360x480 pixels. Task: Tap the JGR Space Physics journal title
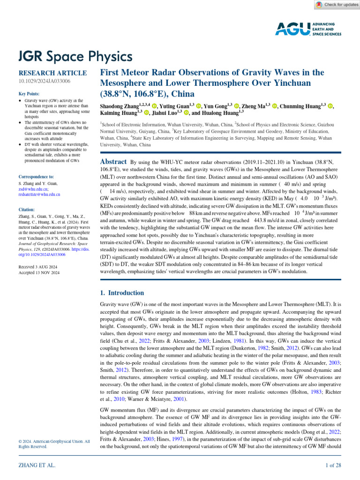pos(75,57)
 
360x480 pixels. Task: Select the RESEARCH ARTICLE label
pos(52,73)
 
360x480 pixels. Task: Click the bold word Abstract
pos(113,162)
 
